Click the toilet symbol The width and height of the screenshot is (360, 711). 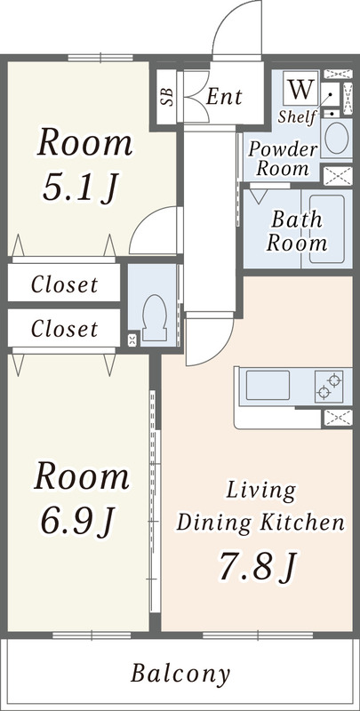154,317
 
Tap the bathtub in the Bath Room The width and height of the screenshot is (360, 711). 327,229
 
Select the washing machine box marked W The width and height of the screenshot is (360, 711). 300,88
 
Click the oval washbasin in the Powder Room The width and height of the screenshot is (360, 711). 336,138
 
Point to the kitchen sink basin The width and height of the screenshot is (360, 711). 268,386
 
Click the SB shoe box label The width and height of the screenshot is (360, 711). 167,97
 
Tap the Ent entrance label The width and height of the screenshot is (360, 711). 224,97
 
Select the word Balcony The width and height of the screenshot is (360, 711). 180,675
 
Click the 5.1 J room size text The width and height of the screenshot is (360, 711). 80,187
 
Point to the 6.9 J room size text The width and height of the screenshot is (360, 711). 78,520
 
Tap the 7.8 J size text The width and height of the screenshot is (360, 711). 258,565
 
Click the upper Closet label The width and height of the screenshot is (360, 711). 64,284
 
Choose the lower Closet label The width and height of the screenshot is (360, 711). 64,329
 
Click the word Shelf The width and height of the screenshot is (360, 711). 297,116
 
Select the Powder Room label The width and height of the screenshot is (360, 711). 283,159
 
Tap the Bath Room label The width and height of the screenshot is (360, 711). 297,232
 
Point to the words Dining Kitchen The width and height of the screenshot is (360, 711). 260,523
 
